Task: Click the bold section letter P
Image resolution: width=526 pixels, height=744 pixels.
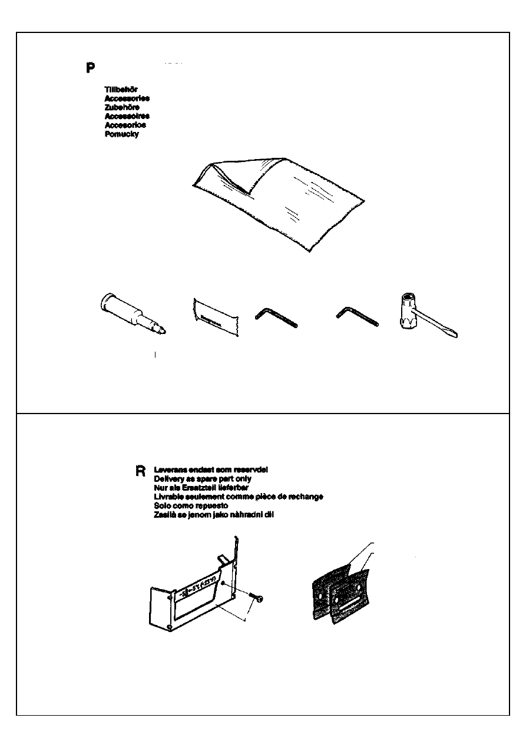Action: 90,67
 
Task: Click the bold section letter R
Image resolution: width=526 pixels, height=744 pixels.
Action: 140,472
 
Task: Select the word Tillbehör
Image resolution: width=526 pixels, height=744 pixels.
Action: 121,90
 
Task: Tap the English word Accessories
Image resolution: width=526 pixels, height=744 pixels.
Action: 127,98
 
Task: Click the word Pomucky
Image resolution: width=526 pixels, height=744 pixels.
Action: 122,134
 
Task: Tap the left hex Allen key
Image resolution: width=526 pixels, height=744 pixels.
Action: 276,319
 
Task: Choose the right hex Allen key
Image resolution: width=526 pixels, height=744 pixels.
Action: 357,319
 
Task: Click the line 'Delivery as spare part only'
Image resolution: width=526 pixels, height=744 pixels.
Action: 202,479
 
